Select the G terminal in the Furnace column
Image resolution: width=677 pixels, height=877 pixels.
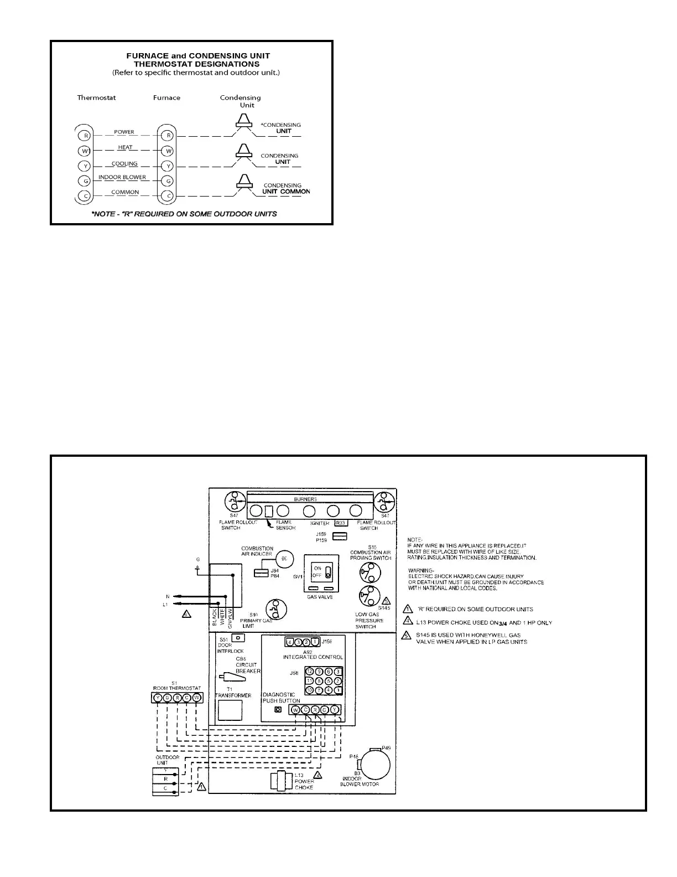click(x=169, y=180)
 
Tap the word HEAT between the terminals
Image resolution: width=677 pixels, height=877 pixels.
click(x=125, y=147)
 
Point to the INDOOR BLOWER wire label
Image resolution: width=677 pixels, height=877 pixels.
click(x=122, y=177)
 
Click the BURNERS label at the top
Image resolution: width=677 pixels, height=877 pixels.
click(x=305, y=499)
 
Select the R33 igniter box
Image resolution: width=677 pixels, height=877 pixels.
click(x=341, y=523)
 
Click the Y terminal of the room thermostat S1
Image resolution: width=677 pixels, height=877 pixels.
click(x=158, y=698)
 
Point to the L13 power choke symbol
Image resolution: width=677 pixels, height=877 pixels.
click(x=281, y=781)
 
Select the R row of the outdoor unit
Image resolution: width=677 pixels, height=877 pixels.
click(x=165, y=779)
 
